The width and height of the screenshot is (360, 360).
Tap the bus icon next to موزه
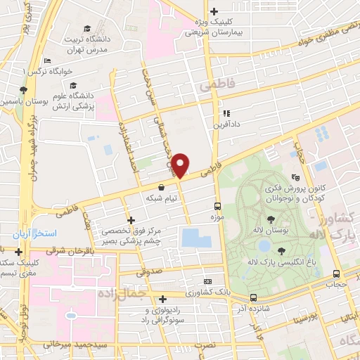[217, 206]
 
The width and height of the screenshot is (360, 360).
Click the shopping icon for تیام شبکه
[162, 188]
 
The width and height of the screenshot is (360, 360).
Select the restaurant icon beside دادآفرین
[226, 112]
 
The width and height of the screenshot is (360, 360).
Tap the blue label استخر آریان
[36, 233]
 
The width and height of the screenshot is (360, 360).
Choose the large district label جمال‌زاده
[115, 292]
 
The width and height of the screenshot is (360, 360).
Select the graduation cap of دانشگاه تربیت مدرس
[86, 28]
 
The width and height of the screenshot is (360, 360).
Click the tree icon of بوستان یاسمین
[23, 90]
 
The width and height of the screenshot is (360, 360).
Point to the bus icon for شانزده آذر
[252, 297]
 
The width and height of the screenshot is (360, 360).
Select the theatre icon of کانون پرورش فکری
[296, 178]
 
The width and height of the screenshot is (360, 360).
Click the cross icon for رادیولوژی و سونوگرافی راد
[162, 299]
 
